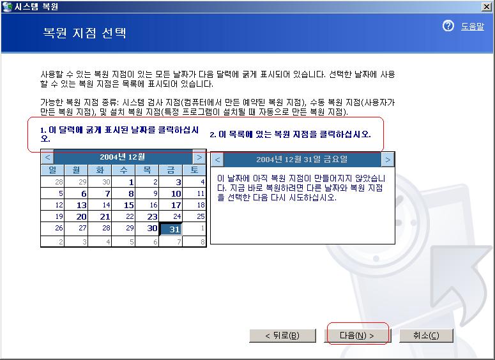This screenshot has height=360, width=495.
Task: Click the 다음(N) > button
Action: tap(357, 335)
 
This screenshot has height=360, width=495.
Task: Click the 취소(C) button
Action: tap(426, 335)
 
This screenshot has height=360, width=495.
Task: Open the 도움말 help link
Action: tap(472, 27)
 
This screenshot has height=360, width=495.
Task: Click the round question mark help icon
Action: tap(448, 26)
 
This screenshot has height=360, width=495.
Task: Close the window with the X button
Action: tap(487, 6)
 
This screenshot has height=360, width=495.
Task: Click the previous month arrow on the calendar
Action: tap(47, 157)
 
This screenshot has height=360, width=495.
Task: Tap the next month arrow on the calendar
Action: tap(199, 157)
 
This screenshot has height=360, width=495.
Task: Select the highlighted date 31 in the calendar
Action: tap(171, 229)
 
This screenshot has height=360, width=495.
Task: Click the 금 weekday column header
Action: tap(171, 170)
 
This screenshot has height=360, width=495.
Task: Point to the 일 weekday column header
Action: tap(52, 170)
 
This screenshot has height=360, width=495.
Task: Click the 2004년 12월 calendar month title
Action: tap(123, 157)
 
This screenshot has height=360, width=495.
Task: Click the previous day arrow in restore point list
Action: tap(217, 160)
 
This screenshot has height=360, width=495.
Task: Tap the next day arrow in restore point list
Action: tap(388, 160)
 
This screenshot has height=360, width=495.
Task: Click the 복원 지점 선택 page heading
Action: tap(84, 33)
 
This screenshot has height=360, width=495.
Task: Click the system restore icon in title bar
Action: tap(6, 6)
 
